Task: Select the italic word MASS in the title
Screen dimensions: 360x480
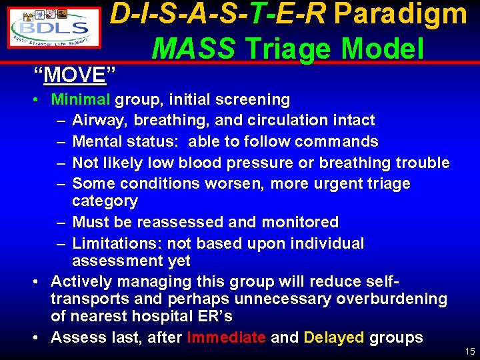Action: (193, 49)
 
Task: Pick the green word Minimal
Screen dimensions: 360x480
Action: (81, 100)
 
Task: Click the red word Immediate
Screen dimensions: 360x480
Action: (226, 337)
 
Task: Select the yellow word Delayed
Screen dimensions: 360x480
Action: (333, 337)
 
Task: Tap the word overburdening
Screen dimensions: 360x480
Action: (392, 299)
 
